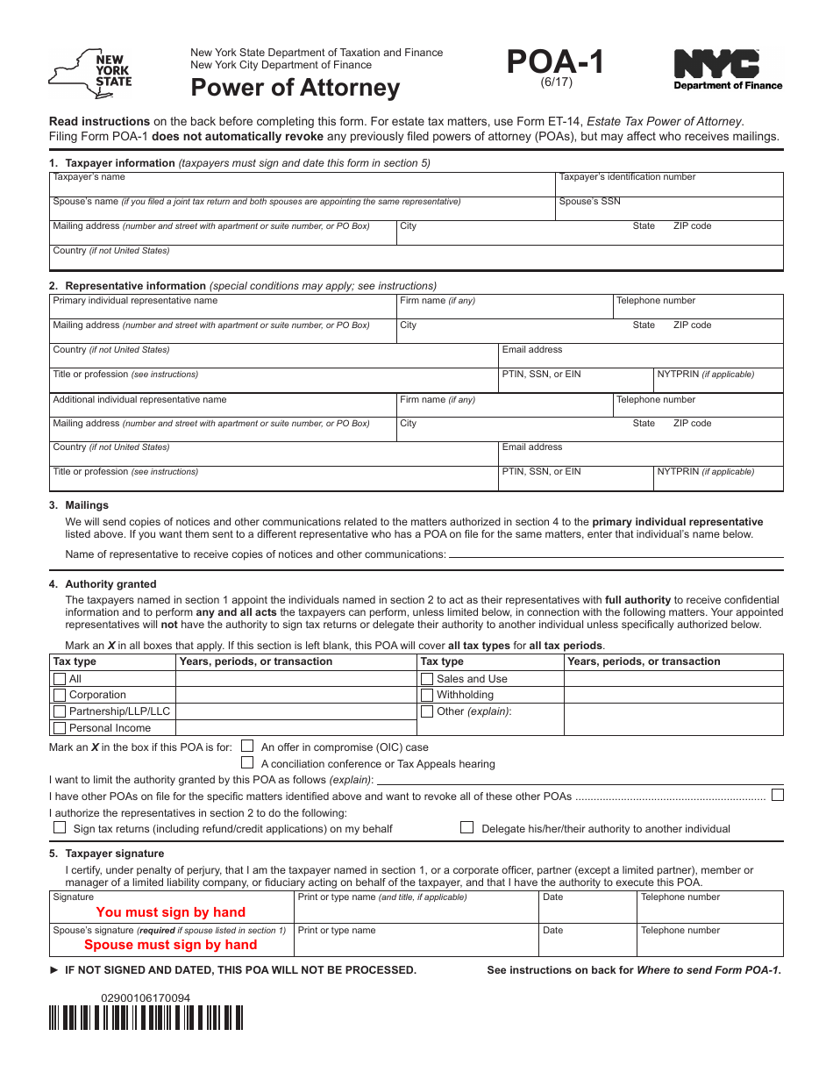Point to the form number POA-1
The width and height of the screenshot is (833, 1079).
(x=555, y=63)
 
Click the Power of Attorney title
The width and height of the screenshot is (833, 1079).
(x=295, y=88)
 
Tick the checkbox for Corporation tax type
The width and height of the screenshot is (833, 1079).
(x=60, y=695)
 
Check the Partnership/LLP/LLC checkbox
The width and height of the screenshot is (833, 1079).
(x=60, y=711)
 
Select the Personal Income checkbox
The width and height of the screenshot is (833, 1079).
(x=60, y=728)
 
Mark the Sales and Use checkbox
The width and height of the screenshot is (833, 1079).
(x=427, y=679)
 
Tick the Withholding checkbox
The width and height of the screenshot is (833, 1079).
(x=427, y=695)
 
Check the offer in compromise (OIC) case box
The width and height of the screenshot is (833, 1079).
(x=247, y=747)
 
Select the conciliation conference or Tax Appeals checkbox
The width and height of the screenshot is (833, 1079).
(x=247, y=763)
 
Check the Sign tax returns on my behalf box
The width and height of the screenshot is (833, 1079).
(x=60, y=827)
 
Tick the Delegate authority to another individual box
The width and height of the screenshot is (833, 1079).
(x=467, y=827)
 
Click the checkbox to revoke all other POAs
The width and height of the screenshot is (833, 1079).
(x=777, y=795)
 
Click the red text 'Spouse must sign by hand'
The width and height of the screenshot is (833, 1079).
(x=170, y=945)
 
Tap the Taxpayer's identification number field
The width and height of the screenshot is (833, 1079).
(x=669, y=188)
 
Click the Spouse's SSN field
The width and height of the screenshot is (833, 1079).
(x=669, y=211)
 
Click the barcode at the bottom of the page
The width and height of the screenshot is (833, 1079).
(x=146, y=1018)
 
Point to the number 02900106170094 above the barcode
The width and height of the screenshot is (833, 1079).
(x=146, y=997)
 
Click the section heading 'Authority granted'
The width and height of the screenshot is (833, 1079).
(x=110, y=584)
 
